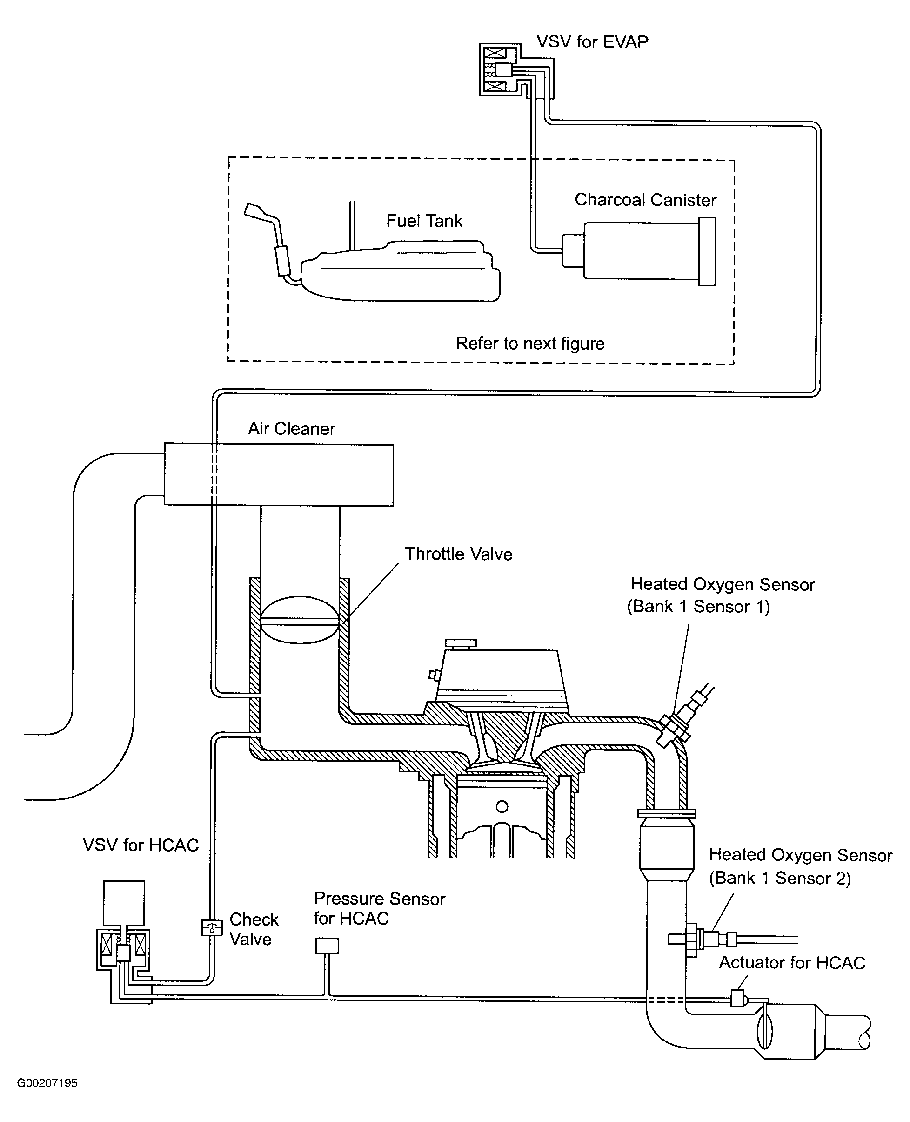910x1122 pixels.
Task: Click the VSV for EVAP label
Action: pyautogui.click(x=592, y=41)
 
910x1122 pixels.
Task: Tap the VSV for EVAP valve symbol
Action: pyautogui.click(x=500, y=70)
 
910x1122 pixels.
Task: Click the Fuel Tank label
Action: pyautogui.click(x=424, y=220)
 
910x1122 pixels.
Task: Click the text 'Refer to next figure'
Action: pyautogui.click(x=530, y=343)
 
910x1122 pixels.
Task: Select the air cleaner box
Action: pyautogui.click(x=279, y=475)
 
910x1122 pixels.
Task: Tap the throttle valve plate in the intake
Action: pyautogui.click(x=299, y=620)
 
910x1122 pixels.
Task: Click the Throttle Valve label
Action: pyautogui.click(x=459, y=554)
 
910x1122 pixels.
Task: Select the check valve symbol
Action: pyautogui.click(x=212, y=928)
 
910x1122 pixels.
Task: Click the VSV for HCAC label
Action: pyautogui.click(x=141, y=845)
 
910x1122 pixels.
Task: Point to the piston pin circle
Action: pyautogui.click(x=502, y=807)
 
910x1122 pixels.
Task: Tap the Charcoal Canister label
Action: pyautogui.click(x=645, y=199)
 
